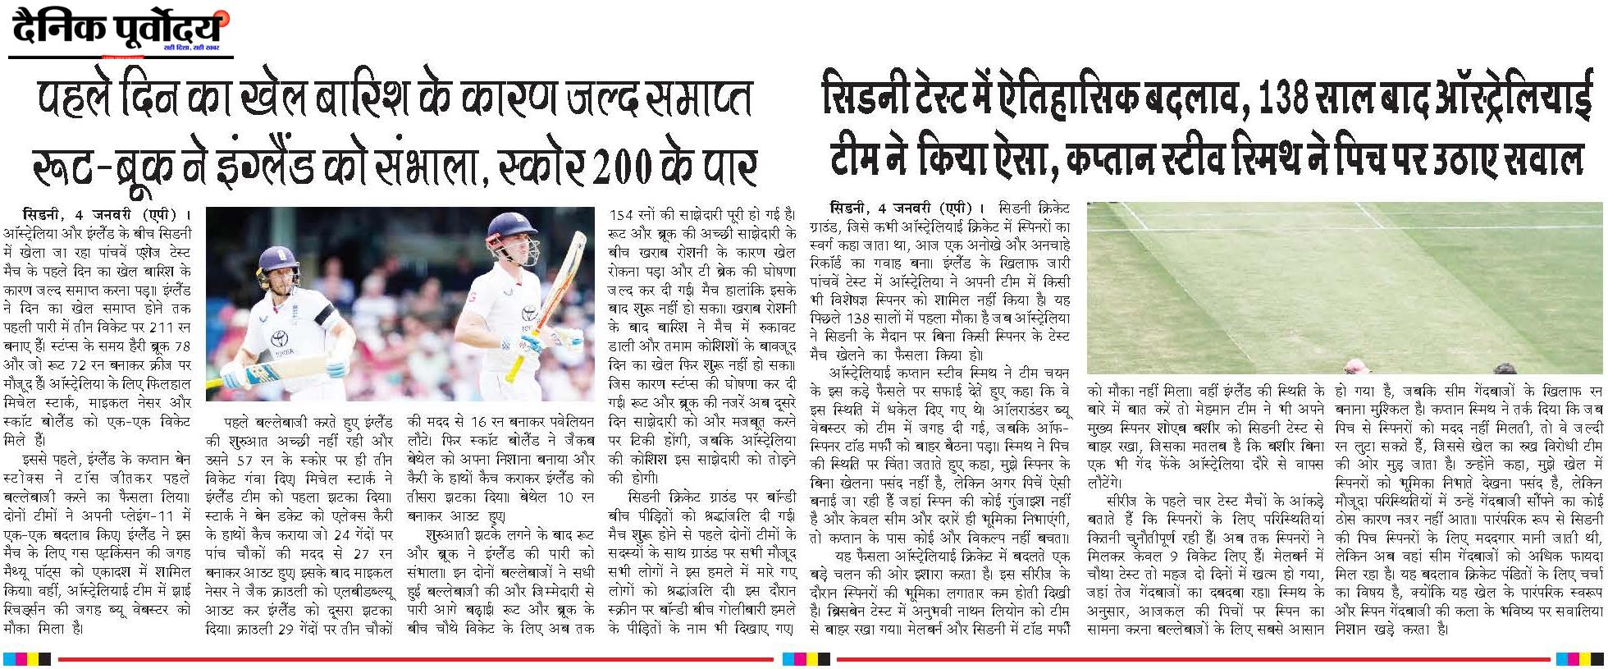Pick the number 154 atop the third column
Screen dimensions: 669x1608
(624, 215)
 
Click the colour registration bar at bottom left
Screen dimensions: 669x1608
(27, 658)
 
